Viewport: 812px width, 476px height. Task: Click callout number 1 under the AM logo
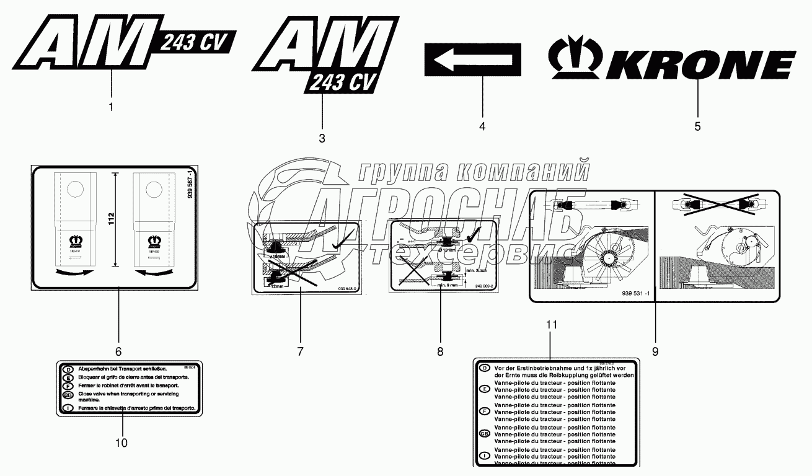point(111,107)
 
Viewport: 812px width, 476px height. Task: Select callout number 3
point(322,138)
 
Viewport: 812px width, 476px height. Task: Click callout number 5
point(697,126)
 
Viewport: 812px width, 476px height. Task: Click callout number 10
point(121,443)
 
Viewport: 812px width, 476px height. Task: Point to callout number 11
point(552,325)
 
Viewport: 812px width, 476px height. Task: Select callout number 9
point(655,351)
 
